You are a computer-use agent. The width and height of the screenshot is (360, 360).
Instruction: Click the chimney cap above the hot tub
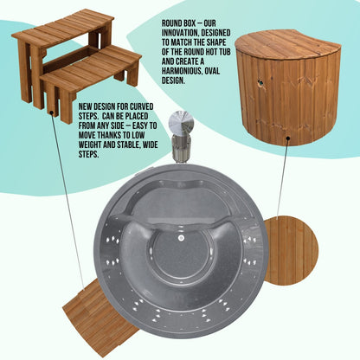182,123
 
